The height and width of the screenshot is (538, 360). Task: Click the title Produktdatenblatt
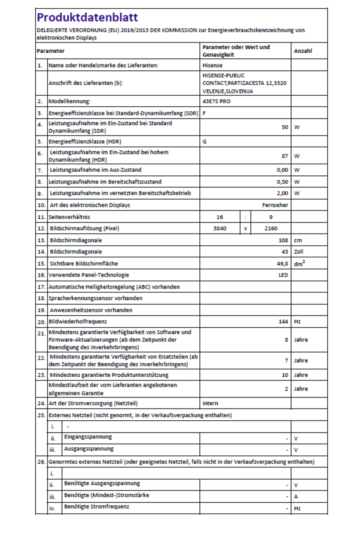click(x=87, y=17)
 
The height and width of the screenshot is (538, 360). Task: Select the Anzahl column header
click(x=303, y=51)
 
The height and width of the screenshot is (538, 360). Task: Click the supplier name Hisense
click(x=212, y=65)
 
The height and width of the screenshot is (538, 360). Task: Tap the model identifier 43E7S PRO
click(x=216, y=101)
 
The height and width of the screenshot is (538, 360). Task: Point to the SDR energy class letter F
click(x=204, y=113)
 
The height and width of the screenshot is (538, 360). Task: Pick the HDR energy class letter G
click(x=205, y=142)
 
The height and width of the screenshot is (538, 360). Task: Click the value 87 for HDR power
click(x=284, y=156)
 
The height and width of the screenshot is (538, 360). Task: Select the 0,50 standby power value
click(x=282, y=182)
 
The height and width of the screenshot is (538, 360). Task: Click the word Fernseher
click(x=275, y=205)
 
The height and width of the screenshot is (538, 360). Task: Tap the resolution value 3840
click(x=219, y=229)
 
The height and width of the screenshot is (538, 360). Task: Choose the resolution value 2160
click(x=271, y=229)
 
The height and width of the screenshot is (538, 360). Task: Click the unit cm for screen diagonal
click(x=298, y=240)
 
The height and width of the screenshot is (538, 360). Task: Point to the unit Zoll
click(x=298, y=252)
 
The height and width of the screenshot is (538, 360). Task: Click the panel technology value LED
click(x=283, y=275)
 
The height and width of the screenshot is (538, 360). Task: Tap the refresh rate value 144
click(x=283, y=322)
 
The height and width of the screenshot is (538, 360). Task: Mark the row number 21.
click(x=41, y=333)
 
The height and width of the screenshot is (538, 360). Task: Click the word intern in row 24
click(x=210, y=403)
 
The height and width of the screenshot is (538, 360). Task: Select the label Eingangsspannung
click(x=88, y=437)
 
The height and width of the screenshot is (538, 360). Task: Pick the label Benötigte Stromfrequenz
click(x=96, y=507)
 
